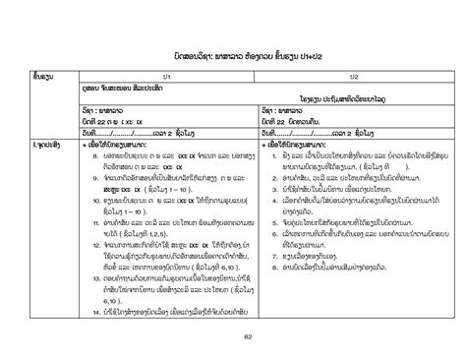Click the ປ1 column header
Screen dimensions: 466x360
[167, 76]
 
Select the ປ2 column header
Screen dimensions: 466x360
[354, 76]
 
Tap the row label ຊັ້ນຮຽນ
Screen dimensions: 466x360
[40, 76]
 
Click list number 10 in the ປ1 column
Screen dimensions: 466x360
[88, 200]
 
